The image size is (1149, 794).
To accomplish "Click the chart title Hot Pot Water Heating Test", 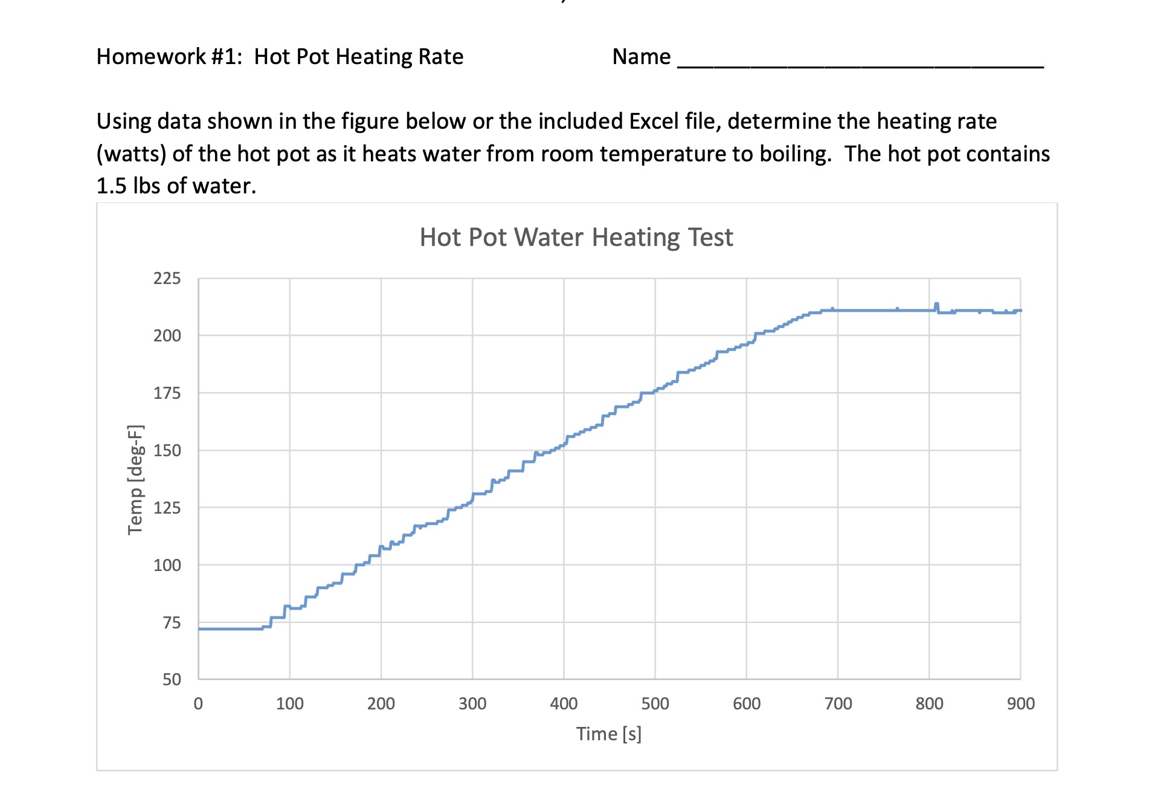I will (x=576, y=237).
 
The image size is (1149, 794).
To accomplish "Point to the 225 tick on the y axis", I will (x=167, y=279).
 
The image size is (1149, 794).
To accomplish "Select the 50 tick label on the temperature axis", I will (x=172, y=680).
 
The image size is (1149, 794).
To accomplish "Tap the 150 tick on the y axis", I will (x=167, y=451).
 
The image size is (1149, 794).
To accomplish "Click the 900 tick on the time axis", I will (x=1020, y=704).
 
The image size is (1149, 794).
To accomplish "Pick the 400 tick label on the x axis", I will (x=564, y=704).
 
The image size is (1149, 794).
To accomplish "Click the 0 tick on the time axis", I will (x=198, y=704).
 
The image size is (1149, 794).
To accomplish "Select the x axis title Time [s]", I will (x=608, y=734).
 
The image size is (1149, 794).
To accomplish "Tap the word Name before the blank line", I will (x=641, y=57).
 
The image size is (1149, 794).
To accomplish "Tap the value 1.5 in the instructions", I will (x=111, y=186).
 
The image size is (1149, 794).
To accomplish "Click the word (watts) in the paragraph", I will (x=131, y=154).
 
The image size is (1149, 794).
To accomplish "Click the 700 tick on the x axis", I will (x=838, y=704).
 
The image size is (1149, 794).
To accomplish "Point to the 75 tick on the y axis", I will (x=172, y=623).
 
